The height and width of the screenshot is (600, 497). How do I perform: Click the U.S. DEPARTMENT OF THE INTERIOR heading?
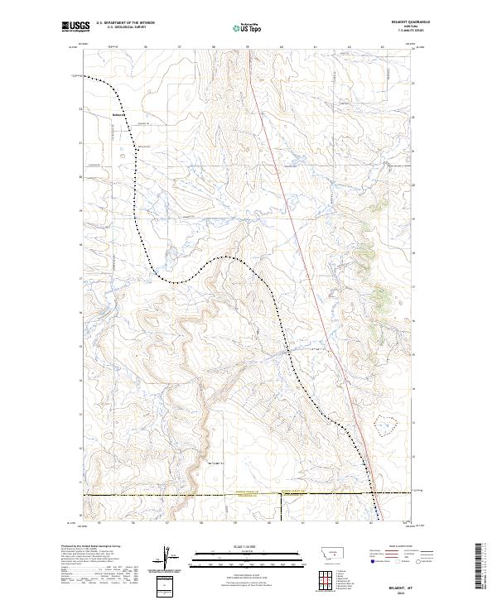point(125,23)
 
